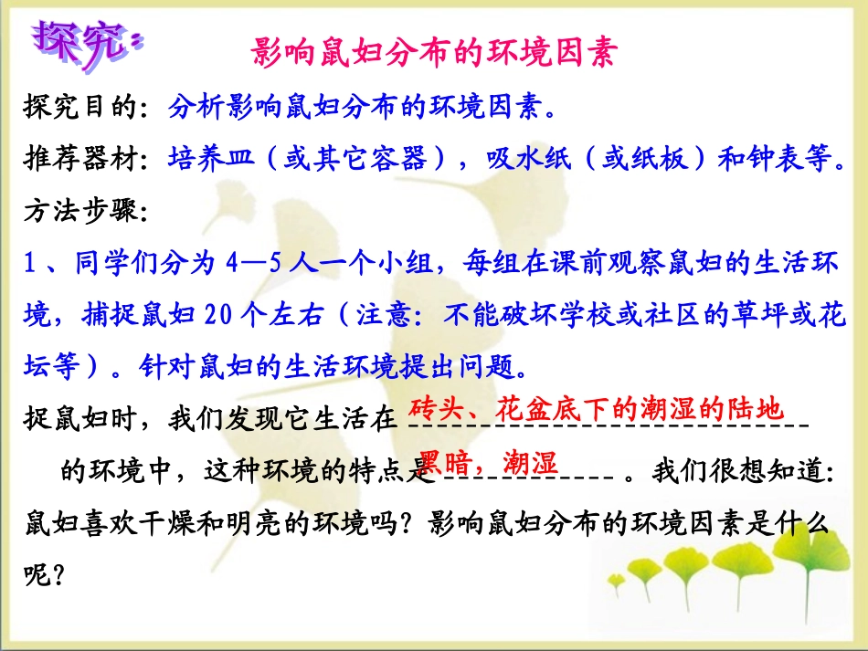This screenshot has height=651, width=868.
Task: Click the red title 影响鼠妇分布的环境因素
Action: pos(434,51)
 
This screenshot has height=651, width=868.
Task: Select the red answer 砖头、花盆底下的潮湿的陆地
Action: pos(596,408)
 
